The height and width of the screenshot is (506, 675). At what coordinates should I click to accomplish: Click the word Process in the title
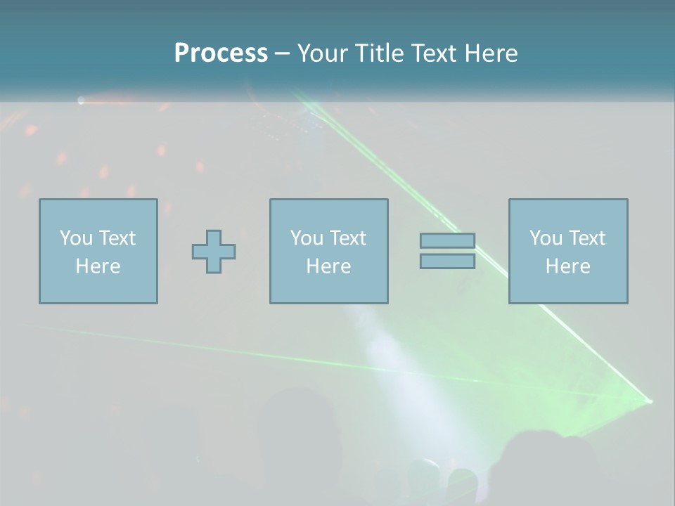coord(221,53)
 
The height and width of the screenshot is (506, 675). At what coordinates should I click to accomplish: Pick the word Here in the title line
coord(491,53)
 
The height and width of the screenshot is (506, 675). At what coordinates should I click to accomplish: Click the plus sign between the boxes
coord(214,252)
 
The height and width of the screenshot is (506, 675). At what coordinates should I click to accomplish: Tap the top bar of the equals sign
coord(447,241)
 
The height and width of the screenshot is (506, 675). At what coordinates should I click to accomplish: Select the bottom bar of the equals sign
coord(447,261)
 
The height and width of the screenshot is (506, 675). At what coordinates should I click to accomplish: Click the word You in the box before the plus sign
coord(75,238)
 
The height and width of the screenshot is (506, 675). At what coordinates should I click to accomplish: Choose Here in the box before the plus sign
coord(98,266)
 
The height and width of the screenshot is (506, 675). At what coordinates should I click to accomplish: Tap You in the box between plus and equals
coord(307,238)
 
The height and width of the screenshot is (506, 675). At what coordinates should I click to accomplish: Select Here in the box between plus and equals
coord(328,266)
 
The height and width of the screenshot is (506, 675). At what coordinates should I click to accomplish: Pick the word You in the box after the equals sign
coord(546,238)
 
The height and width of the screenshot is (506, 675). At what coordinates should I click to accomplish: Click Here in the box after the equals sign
coord(567,266)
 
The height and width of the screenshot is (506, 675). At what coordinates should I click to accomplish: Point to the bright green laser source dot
coord(648,401)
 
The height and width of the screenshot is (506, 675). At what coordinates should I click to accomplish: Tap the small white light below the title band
coord(81,101)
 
